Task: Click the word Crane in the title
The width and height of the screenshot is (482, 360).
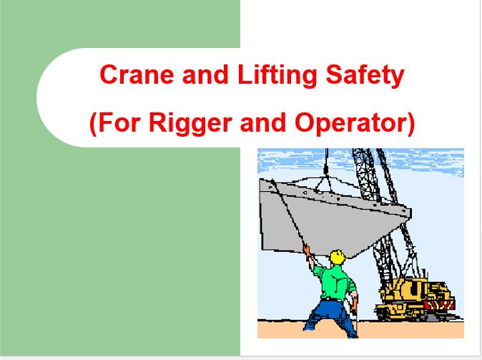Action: (137, 74)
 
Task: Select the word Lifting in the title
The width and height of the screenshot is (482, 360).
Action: (277, 76)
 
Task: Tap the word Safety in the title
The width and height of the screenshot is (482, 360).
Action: (365, 76)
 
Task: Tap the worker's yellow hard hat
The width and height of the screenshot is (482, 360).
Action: (338, 257)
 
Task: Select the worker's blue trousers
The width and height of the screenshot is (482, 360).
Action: (331, 317)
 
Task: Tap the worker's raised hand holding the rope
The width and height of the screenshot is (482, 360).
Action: (307, 250)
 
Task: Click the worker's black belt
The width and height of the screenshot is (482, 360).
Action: (331, 298)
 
